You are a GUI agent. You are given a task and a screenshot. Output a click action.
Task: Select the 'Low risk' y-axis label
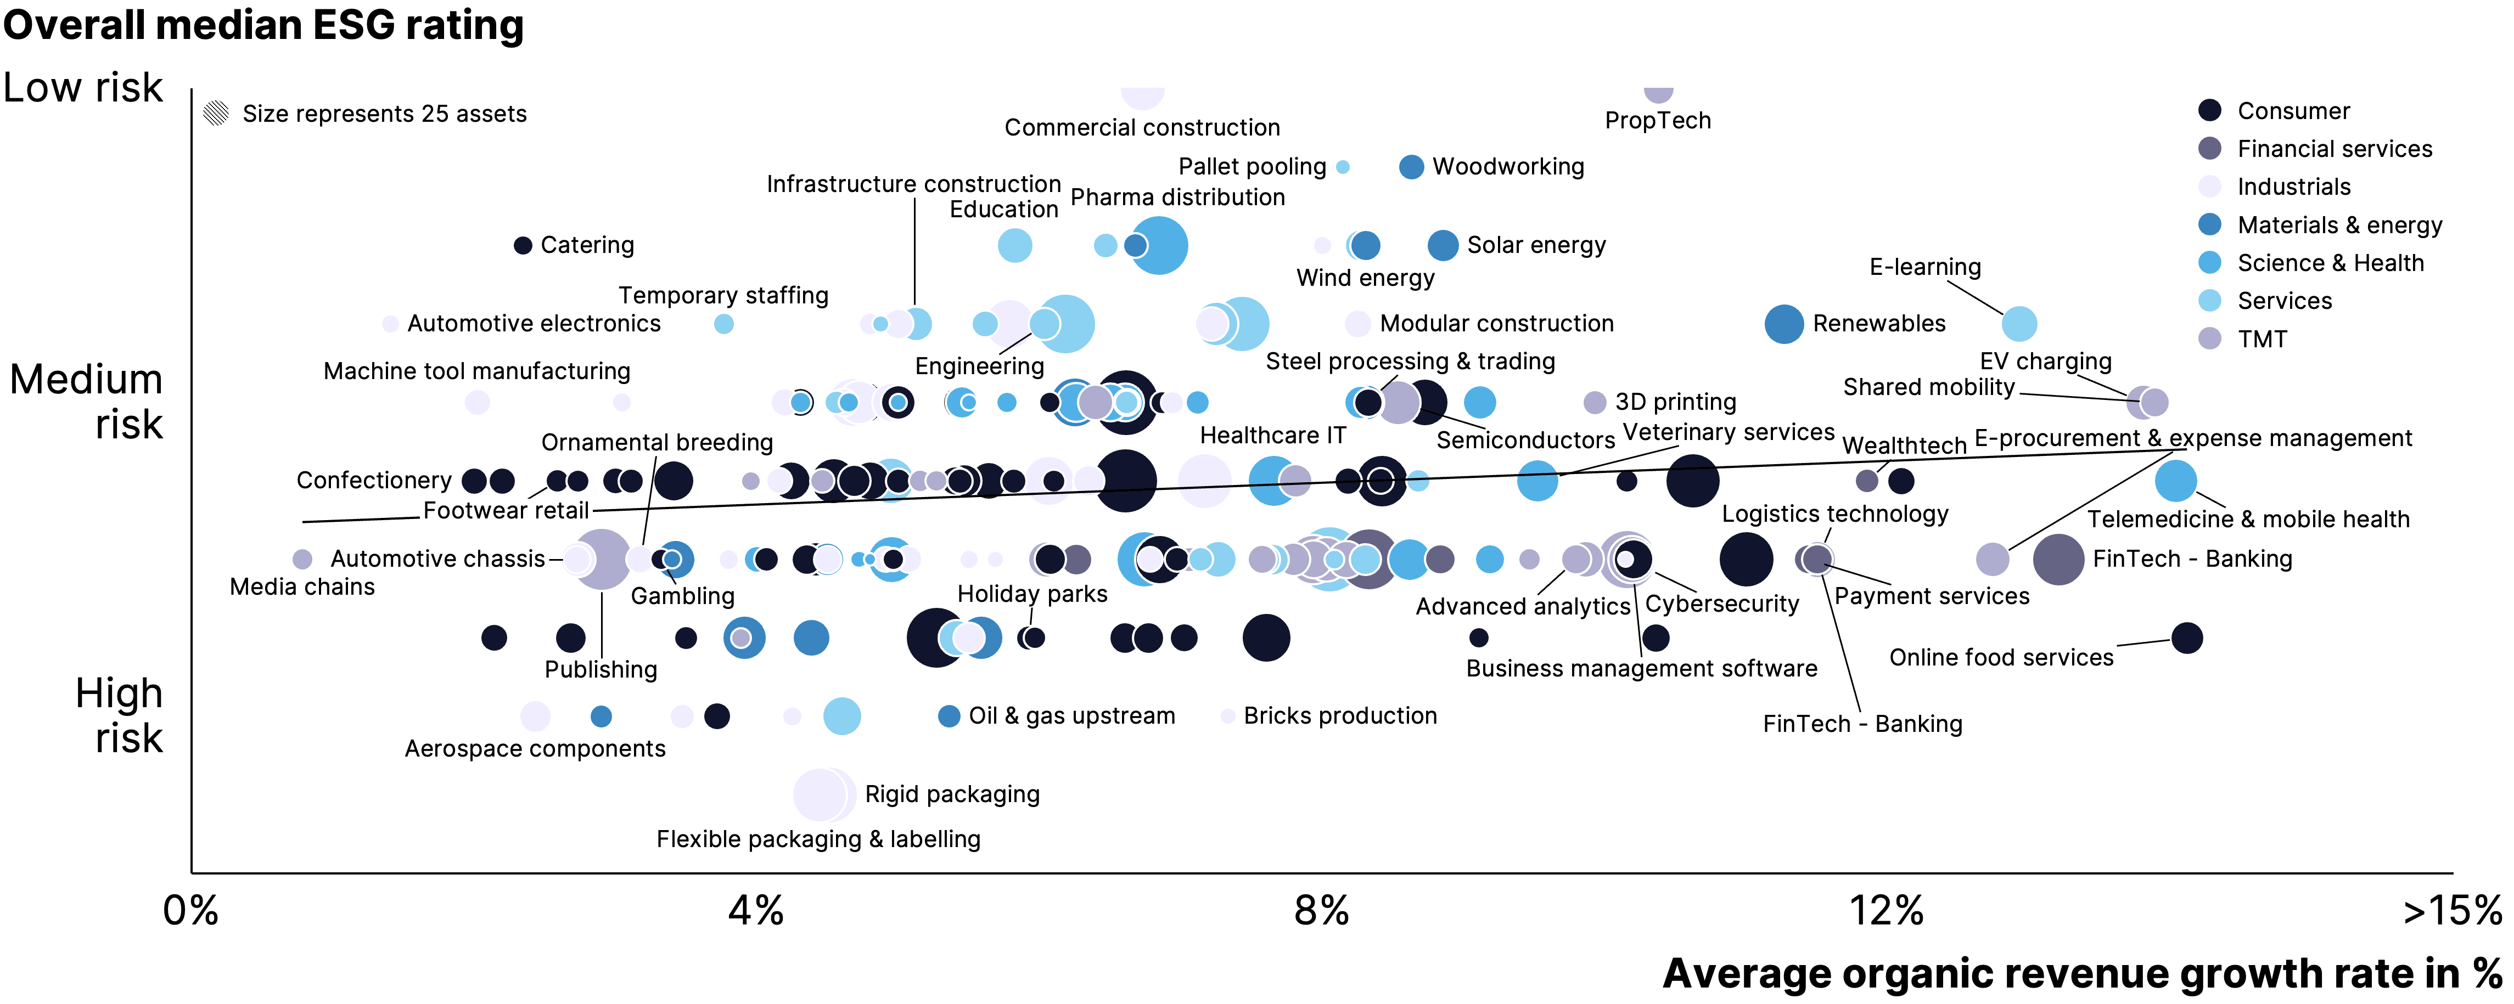point(83,88)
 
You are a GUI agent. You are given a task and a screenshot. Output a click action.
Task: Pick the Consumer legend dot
point(2209,110)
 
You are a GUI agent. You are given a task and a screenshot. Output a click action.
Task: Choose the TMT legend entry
point(2262,340)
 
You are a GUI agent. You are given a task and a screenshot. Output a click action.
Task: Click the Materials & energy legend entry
point(2338,225)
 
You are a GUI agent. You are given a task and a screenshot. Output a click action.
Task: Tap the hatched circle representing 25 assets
point(216,113)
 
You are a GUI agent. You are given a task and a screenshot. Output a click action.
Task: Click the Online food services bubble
point(2186,638)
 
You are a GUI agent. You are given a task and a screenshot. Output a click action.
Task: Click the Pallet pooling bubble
point(1343,167)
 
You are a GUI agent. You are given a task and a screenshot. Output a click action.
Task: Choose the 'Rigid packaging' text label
point(952,794)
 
